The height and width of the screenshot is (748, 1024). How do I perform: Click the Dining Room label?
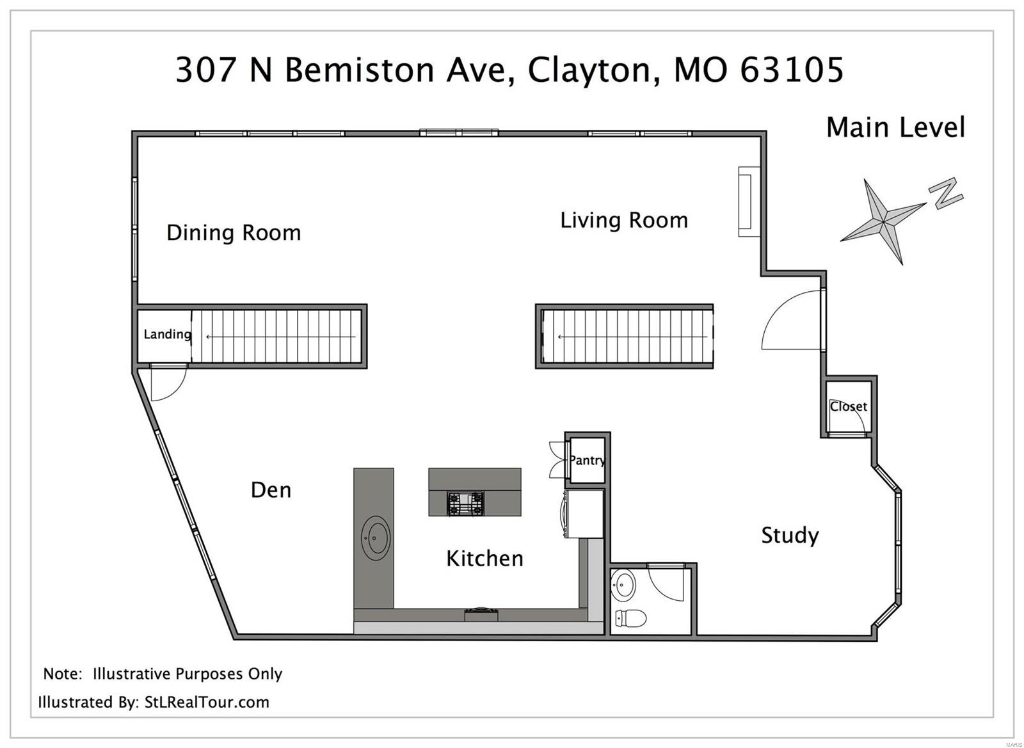234,233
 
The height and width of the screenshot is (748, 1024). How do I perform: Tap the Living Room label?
624,221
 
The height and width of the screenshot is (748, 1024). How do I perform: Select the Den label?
271,491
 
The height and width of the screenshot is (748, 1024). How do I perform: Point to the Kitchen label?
484,559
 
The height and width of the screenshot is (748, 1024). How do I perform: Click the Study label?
790,535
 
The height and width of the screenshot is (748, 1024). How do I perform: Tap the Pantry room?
587,460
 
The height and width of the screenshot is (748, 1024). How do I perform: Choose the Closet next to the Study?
848,407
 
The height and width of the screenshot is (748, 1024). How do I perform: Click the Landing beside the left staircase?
166,335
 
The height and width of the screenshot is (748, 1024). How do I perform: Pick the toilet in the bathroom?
629,618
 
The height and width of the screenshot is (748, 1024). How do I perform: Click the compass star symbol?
884,221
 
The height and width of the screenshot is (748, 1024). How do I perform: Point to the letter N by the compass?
945,193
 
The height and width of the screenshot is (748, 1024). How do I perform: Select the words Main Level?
895,127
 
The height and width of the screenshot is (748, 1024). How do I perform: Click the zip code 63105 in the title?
791,70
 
